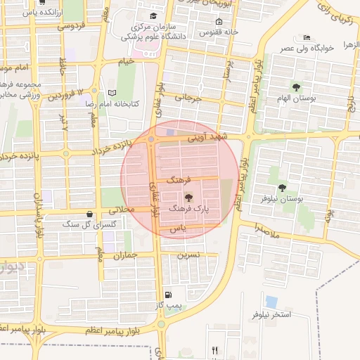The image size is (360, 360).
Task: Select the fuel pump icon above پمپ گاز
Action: pyautogui.click(x=167, y=295)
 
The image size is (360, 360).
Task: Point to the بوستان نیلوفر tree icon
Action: pyautogui.click(x=282, y=188)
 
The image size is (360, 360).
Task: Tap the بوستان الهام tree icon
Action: pyautogui.click(x=296, y=87)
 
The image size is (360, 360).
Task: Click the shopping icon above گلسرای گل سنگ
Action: pyautogui.click(x=89, y=213)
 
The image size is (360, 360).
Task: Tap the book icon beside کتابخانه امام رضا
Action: pyautogui.click(x=112, y=93)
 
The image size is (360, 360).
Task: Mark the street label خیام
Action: pyautogui.click(x=126, y=62)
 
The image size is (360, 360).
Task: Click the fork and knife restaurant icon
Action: pyautogui.click(x=215, y=350)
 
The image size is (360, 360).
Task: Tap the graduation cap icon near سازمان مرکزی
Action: pyautogui.click(x=154, y=15)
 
